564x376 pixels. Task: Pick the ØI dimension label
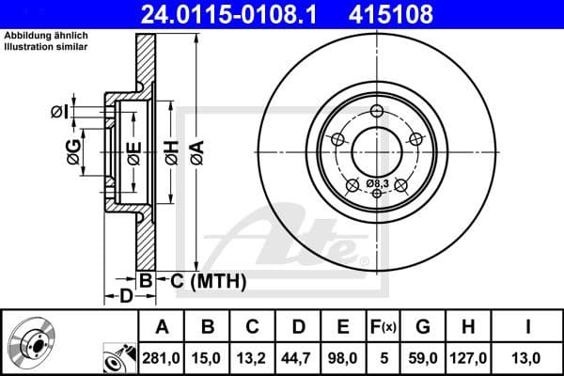59,112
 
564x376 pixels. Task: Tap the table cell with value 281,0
162,357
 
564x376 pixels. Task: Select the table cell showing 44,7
298,357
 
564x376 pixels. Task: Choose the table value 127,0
470,357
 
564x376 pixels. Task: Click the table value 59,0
423,357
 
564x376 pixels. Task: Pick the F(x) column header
385,327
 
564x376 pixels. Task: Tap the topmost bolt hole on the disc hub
377,112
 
